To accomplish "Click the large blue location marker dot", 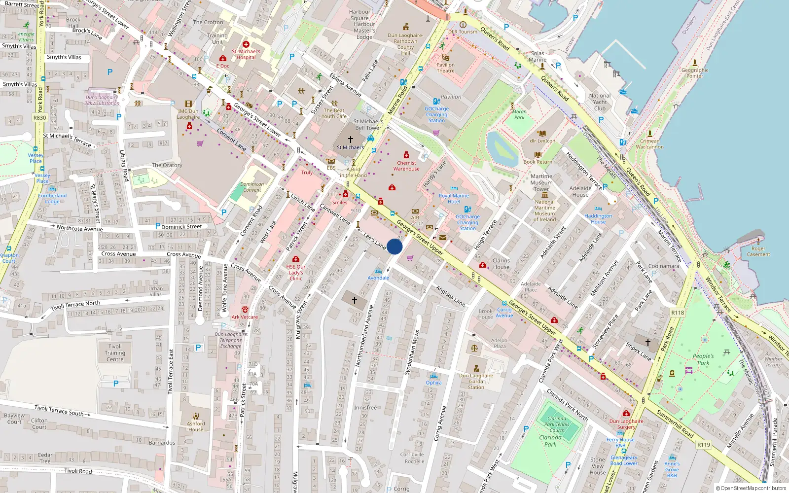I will point(394,246).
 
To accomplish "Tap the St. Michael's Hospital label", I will point(246,54).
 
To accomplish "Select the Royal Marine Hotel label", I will point(454,199).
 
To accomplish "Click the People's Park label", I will point(703,359).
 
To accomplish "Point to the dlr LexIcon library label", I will point(542,141).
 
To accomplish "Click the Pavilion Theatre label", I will point(445,68).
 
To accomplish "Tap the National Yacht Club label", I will point(600,102).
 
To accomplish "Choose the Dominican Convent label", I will point(252,187).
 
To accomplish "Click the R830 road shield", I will point(39,118).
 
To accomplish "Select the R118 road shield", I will point(678,313).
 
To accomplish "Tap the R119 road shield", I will point(704,445).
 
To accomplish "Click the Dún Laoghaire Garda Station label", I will point(476,381).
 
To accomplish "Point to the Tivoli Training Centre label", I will point(115,353).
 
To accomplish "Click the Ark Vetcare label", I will point(245,317).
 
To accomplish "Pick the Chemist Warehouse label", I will point(406,166).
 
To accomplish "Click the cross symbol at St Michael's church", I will point(351,140).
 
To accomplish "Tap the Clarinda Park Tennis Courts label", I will point(557,424).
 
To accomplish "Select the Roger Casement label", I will point(758,251).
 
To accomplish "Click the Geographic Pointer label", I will point(694,73).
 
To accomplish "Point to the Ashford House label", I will point(196,426).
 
